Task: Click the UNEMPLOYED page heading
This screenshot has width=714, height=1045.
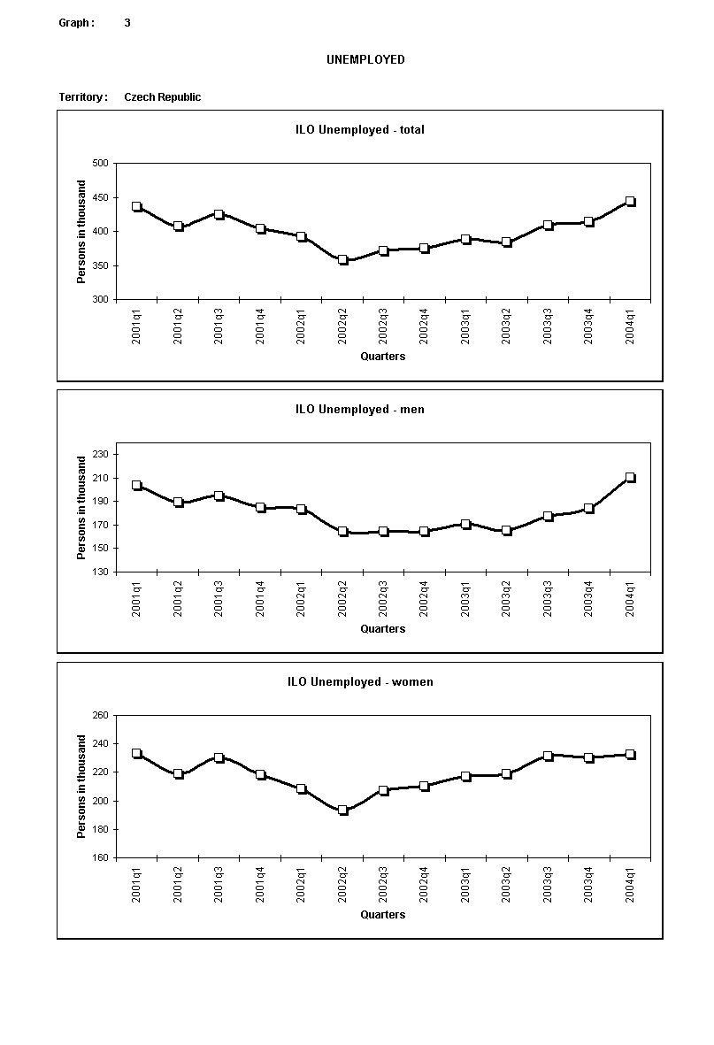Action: (365, 60)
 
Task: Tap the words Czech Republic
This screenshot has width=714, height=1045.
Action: (162, 97)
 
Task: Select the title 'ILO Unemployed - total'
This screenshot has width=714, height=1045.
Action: (360, 130)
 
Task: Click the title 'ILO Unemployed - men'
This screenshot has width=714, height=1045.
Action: (360, 410)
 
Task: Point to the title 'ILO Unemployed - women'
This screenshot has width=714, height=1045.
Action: (360, 682)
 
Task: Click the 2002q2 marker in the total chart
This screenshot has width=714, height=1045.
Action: (342, 260)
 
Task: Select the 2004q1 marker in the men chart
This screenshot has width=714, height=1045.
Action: (630, 478)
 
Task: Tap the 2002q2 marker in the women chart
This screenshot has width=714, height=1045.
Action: (342, 810)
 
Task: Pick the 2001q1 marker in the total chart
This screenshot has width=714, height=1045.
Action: (137, 207)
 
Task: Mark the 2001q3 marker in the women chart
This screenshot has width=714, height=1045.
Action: (219, 757)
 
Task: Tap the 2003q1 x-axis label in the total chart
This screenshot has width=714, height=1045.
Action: (465, 327)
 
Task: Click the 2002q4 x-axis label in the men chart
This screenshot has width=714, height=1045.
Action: (425, 599)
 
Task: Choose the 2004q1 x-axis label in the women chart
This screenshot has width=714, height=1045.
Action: (630, 885)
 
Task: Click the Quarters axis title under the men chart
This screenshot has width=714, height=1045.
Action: (383, 629)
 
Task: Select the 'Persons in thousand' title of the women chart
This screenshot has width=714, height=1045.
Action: (81, 787)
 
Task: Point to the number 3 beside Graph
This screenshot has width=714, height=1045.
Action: (127, 23)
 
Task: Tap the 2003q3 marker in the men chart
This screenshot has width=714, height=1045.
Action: (548, 516)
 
